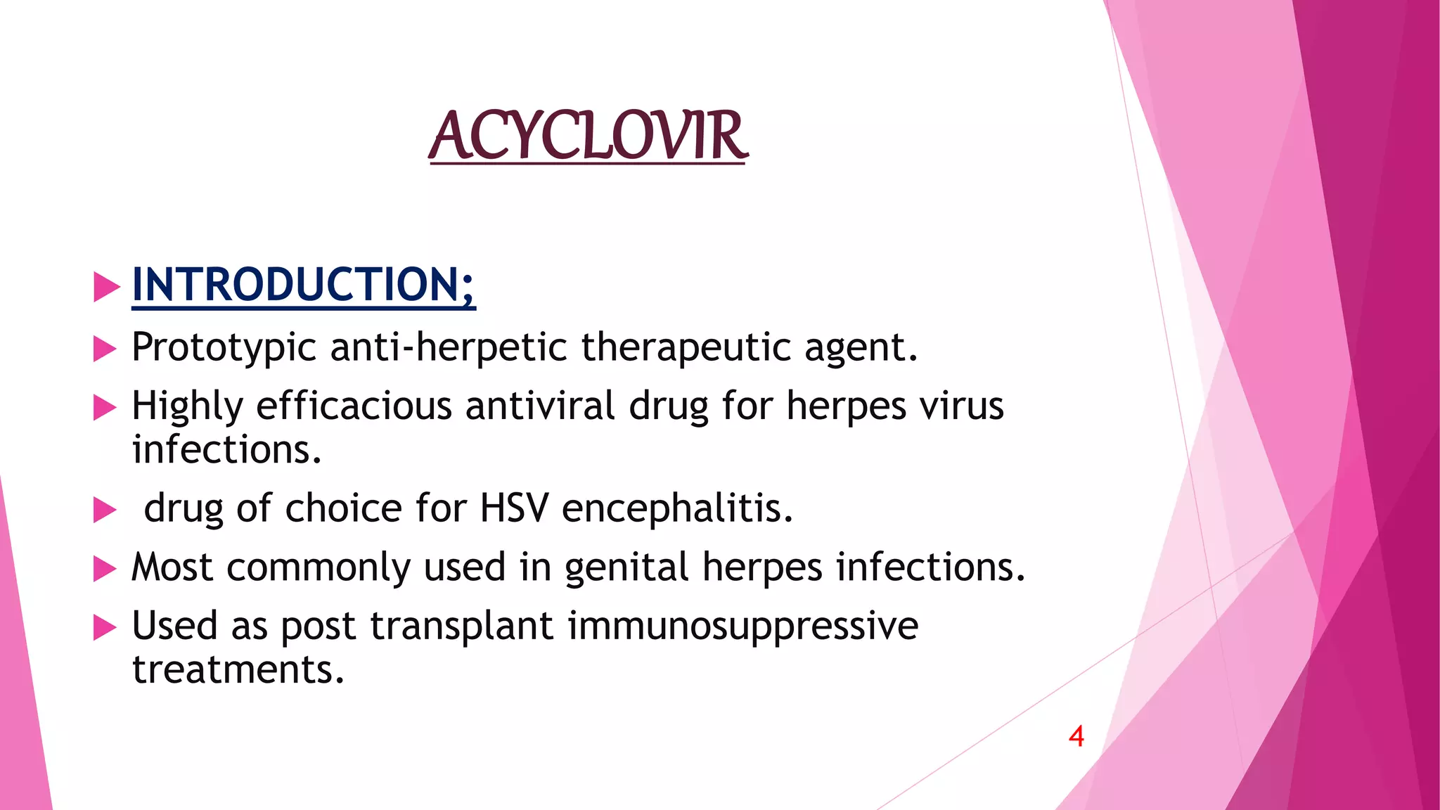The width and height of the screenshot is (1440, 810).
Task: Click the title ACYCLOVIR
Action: [588, 136]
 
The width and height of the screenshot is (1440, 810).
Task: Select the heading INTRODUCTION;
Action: [303, 285]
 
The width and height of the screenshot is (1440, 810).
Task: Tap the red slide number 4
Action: [1076, 736]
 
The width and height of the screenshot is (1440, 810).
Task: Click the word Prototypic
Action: [224, 347]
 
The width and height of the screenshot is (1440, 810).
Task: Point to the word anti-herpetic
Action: [448, 347]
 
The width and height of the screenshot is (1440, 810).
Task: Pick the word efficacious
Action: [354, 406]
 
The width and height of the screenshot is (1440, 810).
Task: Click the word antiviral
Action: [539, 406]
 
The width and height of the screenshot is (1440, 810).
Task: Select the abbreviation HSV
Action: [513, 508]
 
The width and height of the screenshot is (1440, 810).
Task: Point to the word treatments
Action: [238, 669]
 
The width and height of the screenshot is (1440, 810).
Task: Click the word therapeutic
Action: [686, 347]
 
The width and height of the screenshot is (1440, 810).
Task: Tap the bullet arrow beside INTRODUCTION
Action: [106, 287]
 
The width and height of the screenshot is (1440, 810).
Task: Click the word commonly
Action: [318, 568]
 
